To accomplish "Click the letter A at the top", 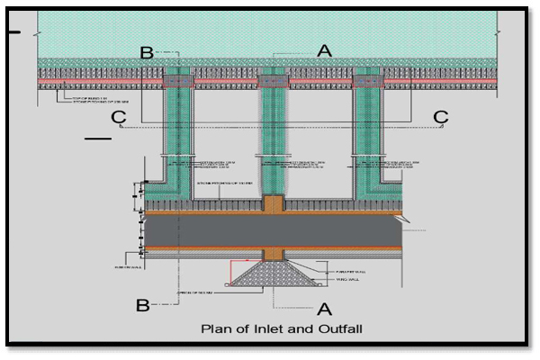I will (324, 51).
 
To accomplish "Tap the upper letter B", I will (147, 52).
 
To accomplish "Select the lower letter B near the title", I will (142, 305).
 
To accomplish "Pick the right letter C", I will (440, 118).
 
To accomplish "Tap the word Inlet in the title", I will (263, 328).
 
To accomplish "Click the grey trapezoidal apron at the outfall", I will (271, 274).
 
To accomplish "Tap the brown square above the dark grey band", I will (272, 204).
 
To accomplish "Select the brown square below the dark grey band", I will (272, 253).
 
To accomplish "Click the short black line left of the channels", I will (98, 139).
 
